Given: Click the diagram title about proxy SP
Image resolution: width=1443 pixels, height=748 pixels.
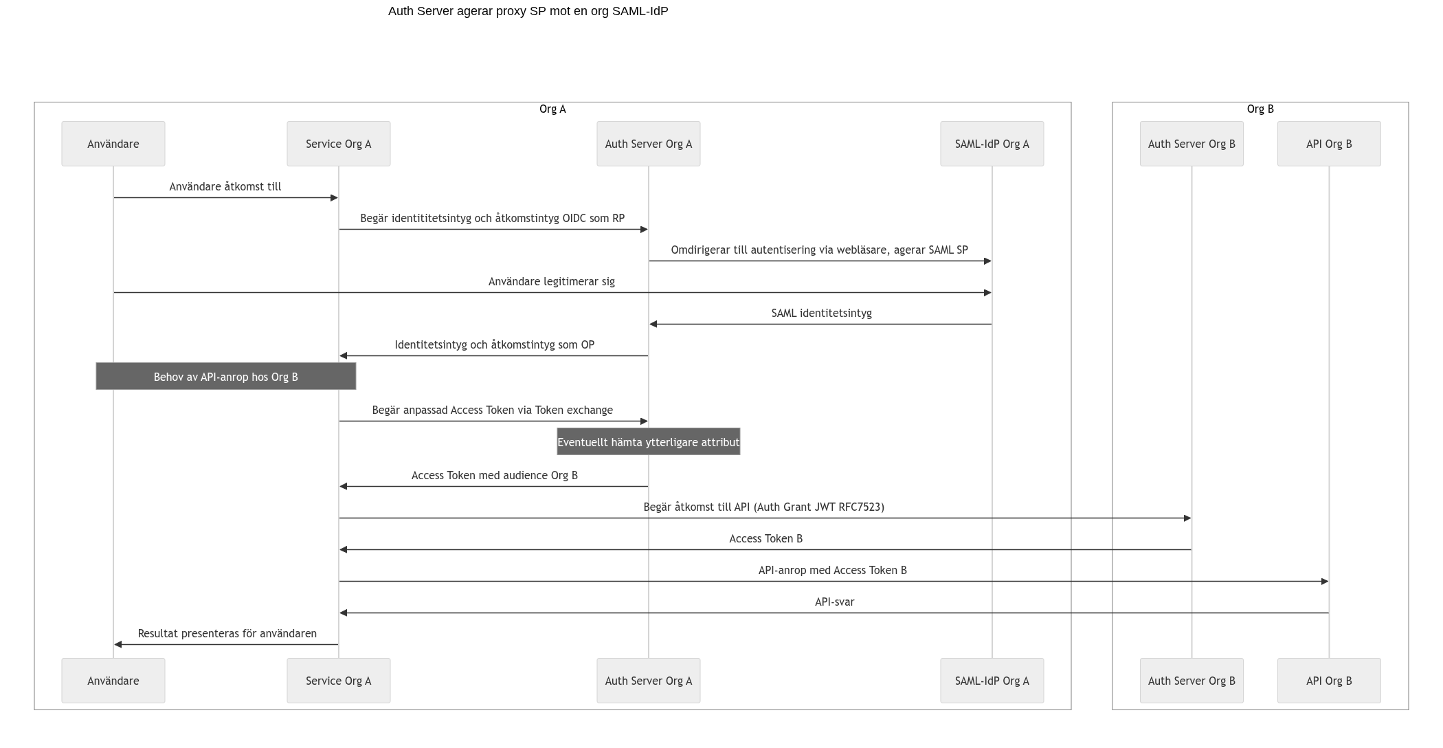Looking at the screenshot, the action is click(x=528, y=11).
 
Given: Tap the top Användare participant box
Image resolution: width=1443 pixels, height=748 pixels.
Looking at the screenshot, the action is click(x=113, y=144).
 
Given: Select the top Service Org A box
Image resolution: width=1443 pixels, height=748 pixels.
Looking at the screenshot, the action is click(x=339, y=144).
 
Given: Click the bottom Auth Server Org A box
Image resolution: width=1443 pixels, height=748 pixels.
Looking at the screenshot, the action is click(x=649, y=681).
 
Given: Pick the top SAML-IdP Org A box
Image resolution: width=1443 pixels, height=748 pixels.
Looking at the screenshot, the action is click(x=992, y=144).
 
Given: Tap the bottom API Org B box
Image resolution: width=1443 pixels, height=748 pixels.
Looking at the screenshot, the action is click(x=1329, y=681).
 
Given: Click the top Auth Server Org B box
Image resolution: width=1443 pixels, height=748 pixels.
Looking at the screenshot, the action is click(x=1192, y=144).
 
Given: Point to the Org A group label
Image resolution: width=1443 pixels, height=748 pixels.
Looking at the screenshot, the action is click(x=552, y=109).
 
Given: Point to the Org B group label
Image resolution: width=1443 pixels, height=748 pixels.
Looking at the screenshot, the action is click(x=1260, y=109).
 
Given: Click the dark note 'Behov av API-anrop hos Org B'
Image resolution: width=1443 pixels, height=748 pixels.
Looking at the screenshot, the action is click(x=226, y=376).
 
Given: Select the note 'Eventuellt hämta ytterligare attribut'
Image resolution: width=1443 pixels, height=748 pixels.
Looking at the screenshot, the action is click(x=649, y=441).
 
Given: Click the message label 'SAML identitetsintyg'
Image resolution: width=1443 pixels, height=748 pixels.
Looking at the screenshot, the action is click(x=821, y=313).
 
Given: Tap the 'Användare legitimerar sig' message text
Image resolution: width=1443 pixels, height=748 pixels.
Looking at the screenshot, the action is click(x=552, y=282).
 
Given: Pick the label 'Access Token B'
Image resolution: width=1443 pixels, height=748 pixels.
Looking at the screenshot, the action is click(x=765, y=539).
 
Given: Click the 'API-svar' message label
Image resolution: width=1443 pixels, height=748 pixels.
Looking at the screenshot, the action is click(x=834, y=602).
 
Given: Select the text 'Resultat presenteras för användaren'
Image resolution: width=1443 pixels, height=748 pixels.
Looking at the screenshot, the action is click(x=227, y=634).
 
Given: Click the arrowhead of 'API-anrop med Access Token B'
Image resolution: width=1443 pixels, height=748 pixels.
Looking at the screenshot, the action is click(x=1325, y=582).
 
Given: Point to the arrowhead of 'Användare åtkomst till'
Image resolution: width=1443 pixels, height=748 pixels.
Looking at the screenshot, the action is click(x=335, y=198).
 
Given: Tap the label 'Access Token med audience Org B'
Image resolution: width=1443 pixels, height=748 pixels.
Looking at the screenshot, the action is click(x=495, y=476).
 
